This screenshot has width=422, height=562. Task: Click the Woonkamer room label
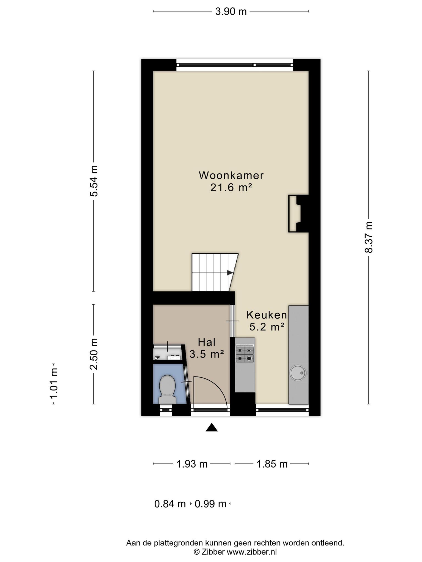tap(231, 175)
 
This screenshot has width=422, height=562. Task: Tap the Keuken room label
tap(266, 315)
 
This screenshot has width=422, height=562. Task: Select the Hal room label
tap(207, 342)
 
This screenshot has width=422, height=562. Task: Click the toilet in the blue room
tap(168, 389)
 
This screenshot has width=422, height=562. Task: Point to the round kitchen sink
tap(298, 373)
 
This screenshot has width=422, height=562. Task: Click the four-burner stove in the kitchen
tap(245, 354)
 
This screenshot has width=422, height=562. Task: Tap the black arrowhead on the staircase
tap(230, 273)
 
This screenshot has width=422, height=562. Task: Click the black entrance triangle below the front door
tap(212, 427)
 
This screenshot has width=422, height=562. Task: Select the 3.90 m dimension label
tap(231, 12)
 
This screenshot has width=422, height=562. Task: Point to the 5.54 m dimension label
tap(94, 181)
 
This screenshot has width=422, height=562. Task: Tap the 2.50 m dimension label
tap(94, 354)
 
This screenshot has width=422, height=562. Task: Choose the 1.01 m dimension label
tap(53, 384)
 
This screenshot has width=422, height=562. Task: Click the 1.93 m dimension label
tap(192, 464)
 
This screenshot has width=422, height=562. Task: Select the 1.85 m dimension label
tap(272, 464)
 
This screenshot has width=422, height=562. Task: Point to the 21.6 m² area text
tap(231, 188)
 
